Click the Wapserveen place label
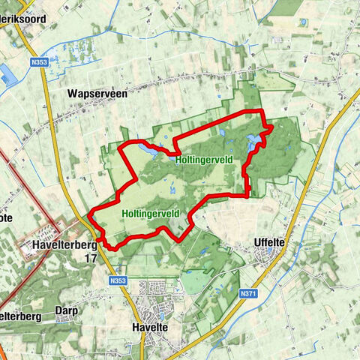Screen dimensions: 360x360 [x=97, y=94]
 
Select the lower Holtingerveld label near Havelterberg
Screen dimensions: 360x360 [x=150, y=213]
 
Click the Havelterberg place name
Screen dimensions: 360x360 [x=66, y=244]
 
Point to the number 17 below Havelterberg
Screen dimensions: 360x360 [x=91, y=257]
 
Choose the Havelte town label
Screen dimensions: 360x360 [x=158, y=328]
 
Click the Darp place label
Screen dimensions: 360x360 [x=66, y=309]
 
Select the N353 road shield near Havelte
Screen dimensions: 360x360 [x=115, y=280]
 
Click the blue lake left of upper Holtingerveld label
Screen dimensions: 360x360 [x=145, y=151]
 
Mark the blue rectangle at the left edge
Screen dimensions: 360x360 [x=7, y=73]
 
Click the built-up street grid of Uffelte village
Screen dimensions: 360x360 [x=268, y=259]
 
